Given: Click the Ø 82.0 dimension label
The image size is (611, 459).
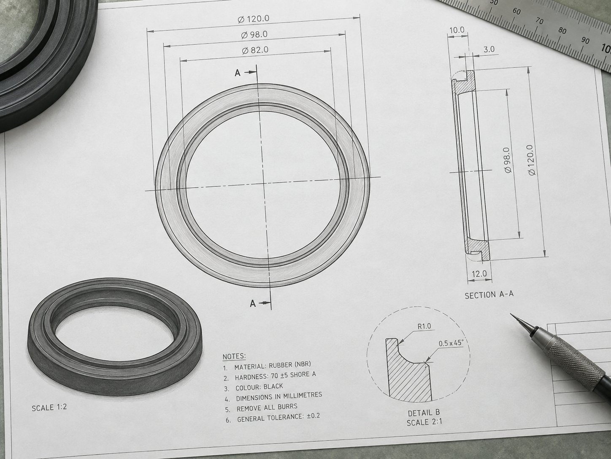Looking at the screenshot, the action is click(255, 50).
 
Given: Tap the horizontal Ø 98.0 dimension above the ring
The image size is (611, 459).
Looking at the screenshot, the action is click(254, 35).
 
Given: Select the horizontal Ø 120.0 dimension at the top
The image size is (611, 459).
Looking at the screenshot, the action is click(254, 19).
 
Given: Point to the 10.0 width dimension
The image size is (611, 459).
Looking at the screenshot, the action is click(457, 30).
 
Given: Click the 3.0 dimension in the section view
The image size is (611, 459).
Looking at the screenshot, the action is click(489, 49).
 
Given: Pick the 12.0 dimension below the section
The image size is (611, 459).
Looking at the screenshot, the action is click(479, 274).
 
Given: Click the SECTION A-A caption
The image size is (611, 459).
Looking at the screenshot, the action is click(489, 295).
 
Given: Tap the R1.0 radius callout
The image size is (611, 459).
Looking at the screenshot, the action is click(424, 326).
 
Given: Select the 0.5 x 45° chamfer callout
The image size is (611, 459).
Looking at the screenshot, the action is click(451, 343).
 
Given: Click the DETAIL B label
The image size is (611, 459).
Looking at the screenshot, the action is click(424, 413).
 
